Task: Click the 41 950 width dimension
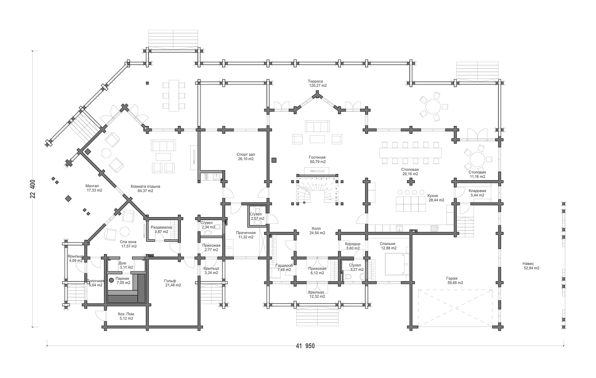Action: [305, 346]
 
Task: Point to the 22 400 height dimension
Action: [33, 189]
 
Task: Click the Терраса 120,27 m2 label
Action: [317, 83]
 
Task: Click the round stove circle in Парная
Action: [111, 280]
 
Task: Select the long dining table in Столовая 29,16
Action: [410, 153]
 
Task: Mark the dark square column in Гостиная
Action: [274, 160]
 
